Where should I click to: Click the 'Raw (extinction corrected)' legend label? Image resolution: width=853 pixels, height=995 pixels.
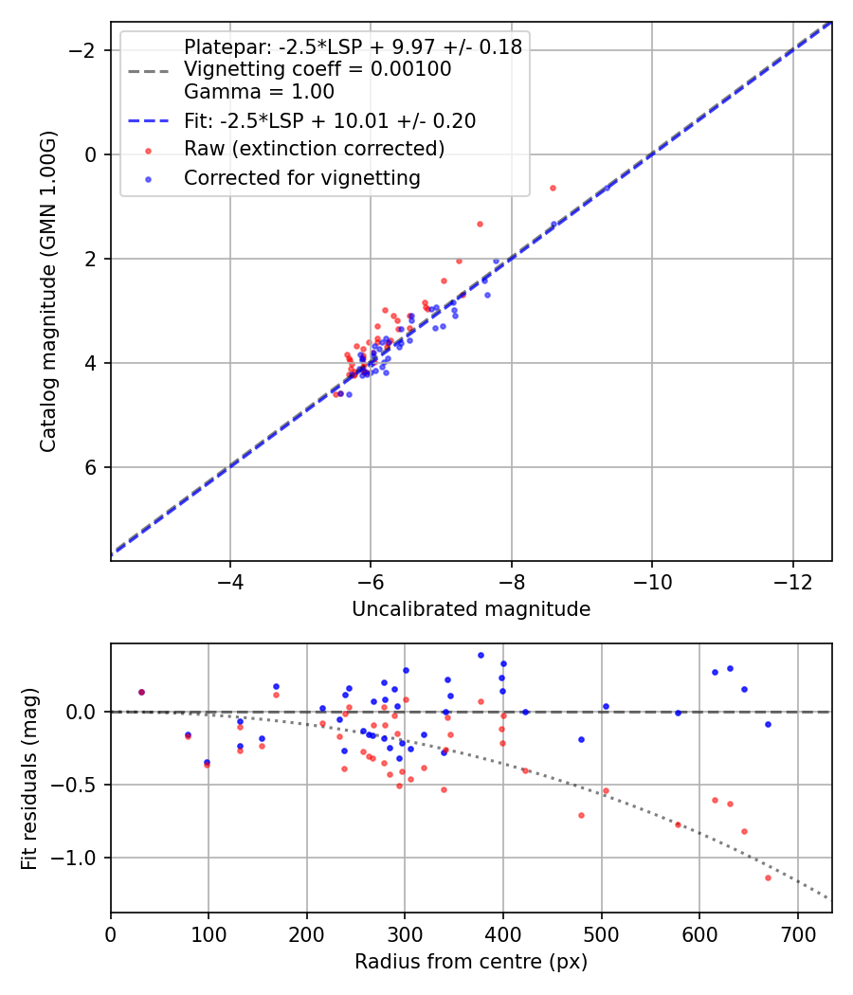[x=314, y=149]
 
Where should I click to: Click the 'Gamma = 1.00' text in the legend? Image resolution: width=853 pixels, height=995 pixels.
[x=259, y=92]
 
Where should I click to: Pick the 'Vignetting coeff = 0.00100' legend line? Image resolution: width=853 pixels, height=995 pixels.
[x=318, y=69]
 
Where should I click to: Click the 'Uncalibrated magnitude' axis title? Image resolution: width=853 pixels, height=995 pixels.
[x=471, y=609]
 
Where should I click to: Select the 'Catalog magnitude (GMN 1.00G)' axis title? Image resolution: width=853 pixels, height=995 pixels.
[x=48, y=291]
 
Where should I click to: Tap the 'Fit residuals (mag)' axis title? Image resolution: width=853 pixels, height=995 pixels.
[x=29, y=777]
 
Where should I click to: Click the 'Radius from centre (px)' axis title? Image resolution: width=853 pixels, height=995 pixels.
[x=471, y=962]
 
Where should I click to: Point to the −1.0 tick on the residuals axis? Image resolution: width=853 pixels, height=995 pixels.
[x=84, y=858]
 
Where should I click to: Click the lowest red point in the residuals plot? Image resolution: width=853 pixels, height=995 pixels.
[x=768, y=877]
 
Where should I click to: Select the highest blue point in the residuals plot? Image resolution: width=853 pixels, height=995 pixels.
[x=481, y=655]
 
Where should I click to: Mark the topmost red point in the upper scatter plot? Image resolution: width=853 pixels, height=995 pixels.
[x=553, y=188]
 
